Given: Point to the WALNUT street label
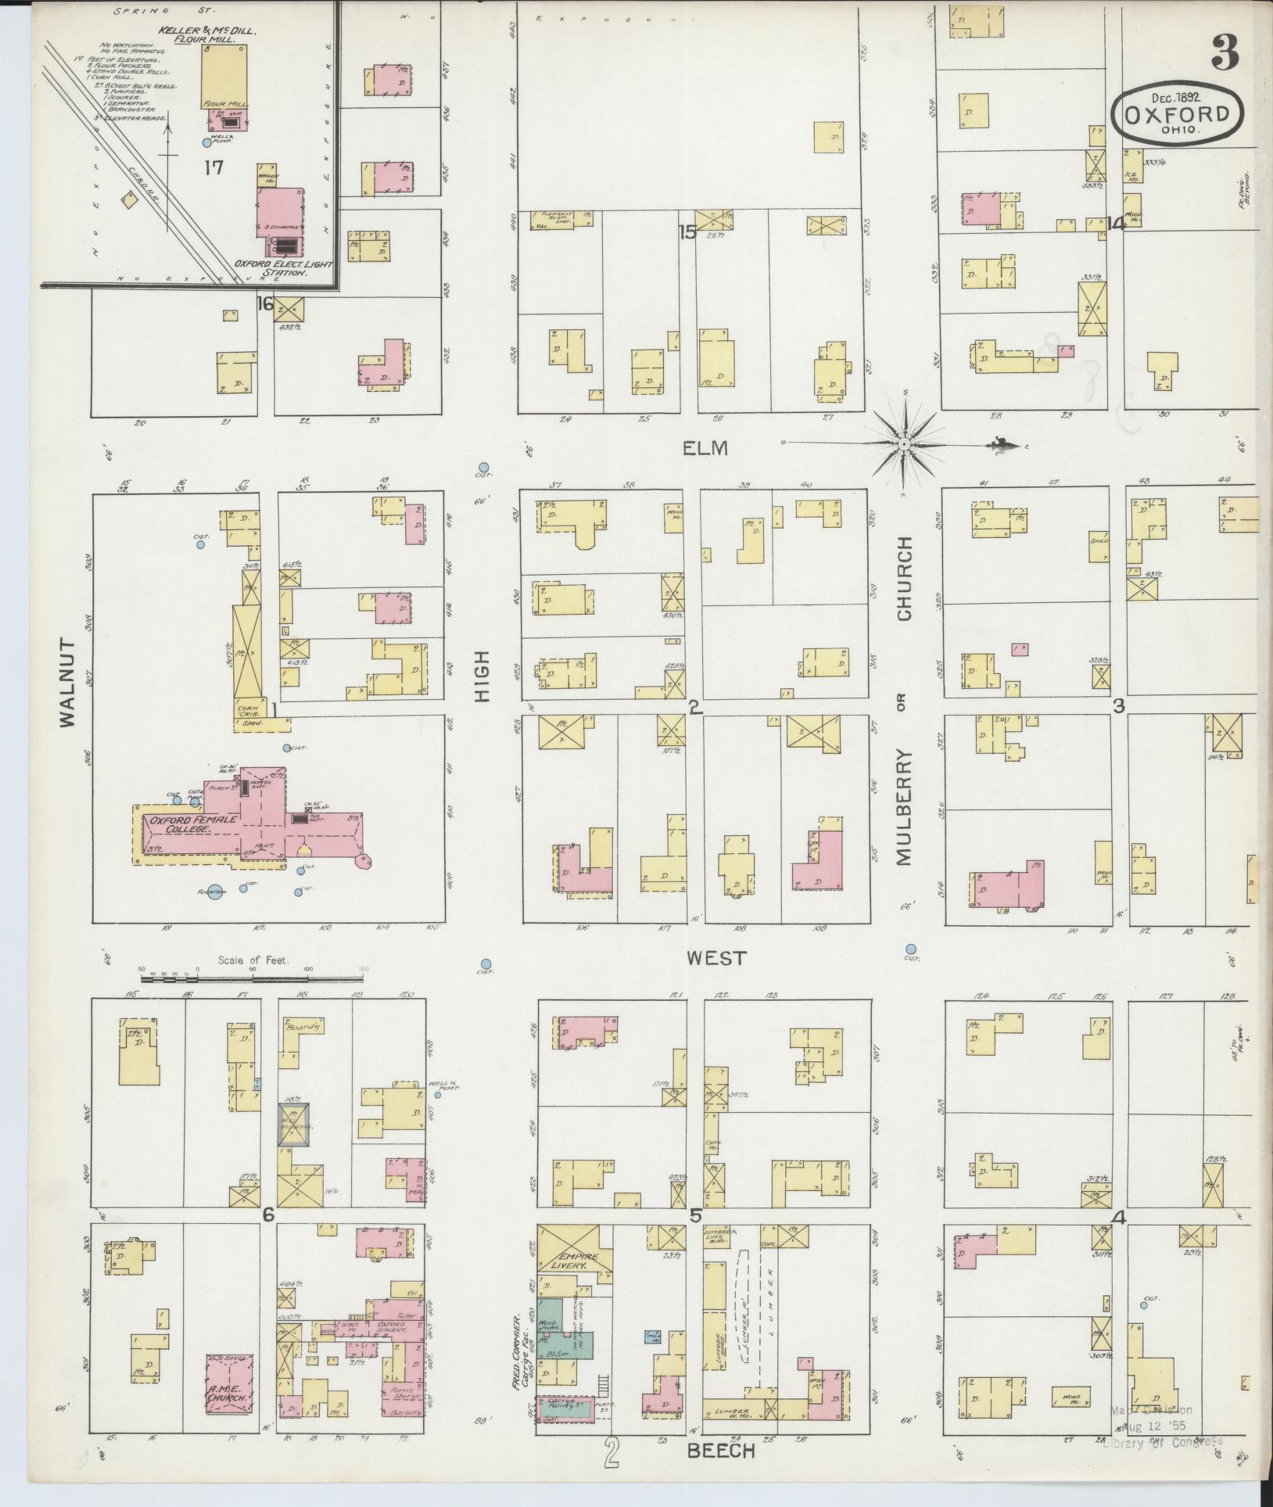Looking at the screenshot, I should pyautogui.click(x=68, y=683).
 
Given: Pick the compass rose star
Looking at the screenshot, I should pyautogui.click(x=904, y=443).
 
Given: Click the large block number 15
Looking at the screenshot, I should pyautogui.click(x=687, y=231).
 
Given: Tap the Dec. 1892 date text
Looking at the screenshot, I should pyautogui.click(x=1174, y=97).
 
